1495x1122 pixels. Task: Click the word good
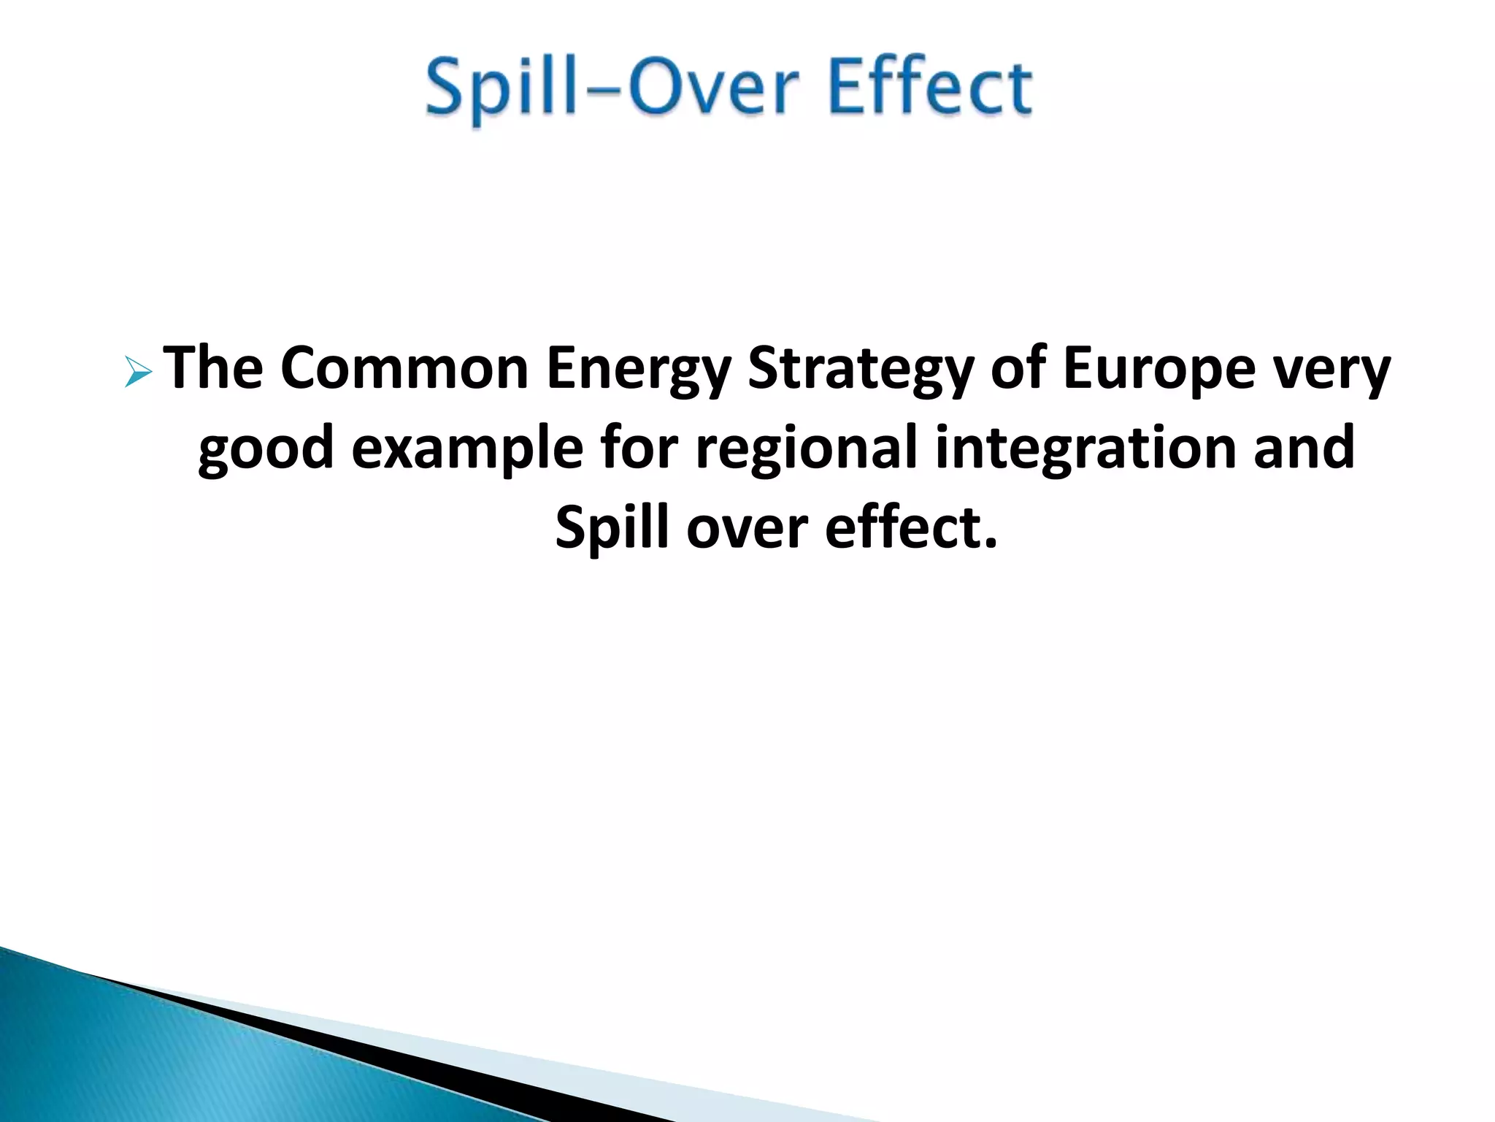coord(266,450)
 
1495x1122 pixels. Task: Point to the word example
coord(467,450)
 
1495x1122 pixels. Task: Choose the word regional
coord(806,450)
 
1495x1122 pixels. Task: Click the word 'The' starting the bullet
coord(212,368)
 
